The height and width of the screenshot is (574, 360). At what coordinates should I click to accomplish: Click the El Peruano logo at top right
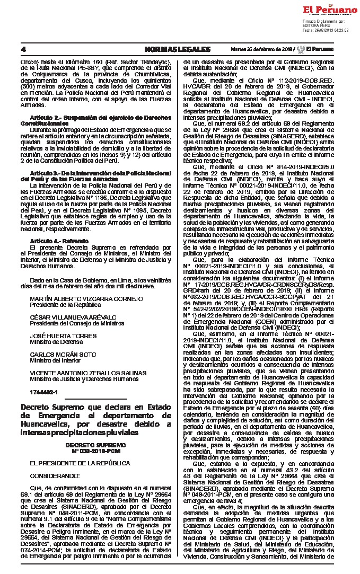(x=330, y=10)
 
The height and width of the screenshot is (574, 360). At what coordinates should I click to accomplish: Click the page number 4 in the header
(x=23, y=49)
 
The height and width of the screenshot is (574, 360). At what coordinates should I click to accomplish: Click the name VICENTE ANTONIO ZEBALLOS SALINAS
(x=88, y=373)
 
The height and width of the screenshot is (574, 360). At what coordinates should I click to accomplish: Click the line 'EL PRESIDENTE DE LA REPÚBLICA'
(x=73, y=463)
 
